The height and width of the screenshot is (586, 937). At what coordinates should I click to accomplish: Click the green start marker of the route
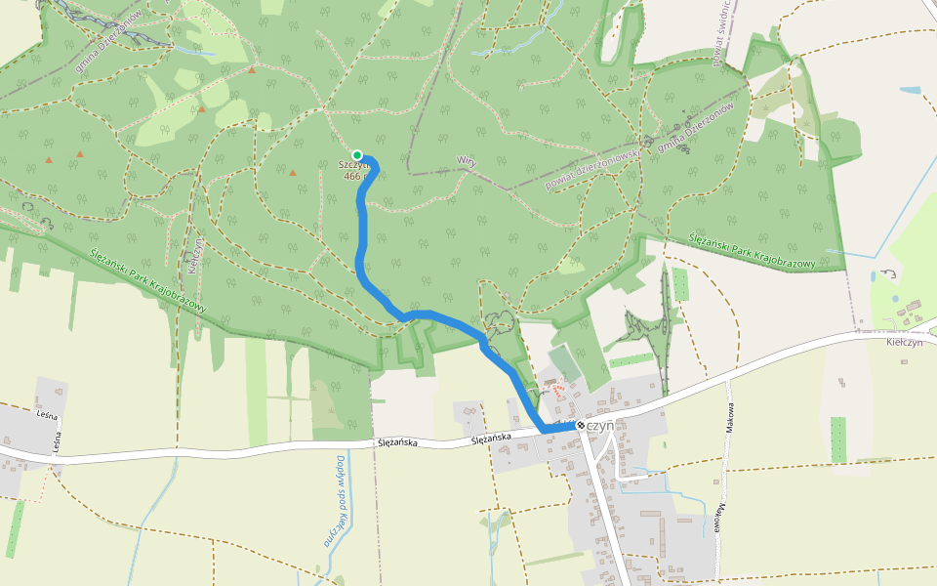click(x=357, y=154)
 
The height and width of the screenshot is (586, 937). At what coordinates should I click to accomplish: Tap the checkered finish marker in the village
click(x=581, y=426)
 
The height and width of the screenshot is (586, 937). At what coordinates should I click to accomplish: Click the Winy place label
click(x=466, y=161)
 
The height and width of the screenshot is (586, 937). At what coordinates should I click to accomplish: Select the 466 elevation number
click(x=352, y=177)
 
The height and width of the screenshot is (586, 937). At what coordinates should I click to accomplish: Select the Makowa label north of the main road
click(x=730, y=418)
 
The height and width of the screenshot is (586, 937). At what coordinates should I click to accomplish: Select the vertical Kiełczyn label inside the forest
click(x=195, y=255)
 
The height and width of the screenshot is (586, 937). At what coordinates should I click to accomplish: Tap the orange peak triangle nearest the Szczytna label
click(x=293, y=172)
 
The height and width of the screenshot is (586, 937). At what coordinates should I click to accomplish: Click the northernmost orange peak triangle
click(x=252, y=70)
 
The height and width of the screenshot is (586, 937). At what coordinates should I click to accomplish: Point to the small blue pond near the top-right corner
click(x=910, y=91)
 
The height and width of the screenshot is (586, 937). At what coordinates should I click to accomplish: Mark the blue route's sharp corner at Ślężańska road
click(x=544, y=430)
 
